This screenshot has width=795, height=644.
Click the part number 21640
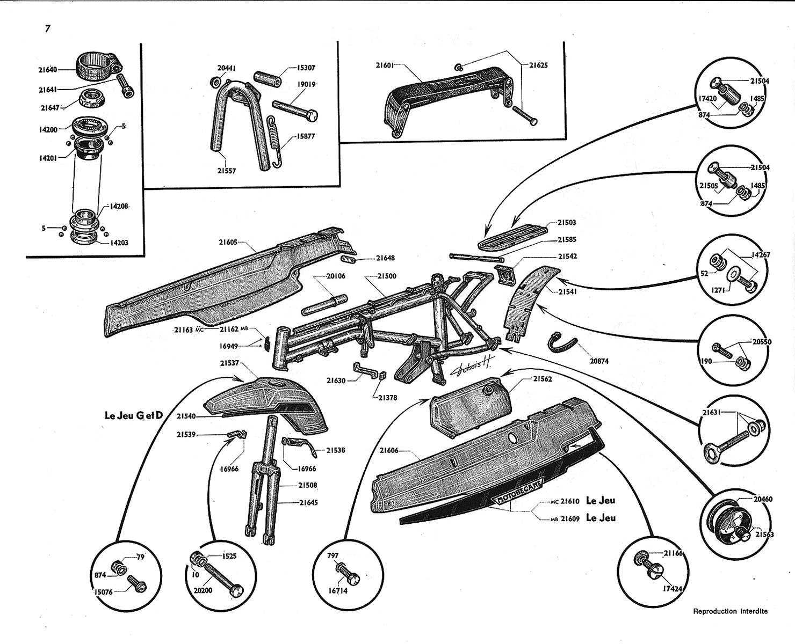(x=48, y=69)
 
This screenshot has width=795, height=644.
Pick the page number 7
(x=48, y=29)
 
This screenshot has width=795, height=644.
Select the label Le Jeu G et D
(x=133, y=415)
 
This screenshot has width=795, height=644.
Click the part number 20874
(x=599, y=361)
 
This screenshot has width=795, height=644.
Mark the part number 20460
(x=763, y=499)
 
